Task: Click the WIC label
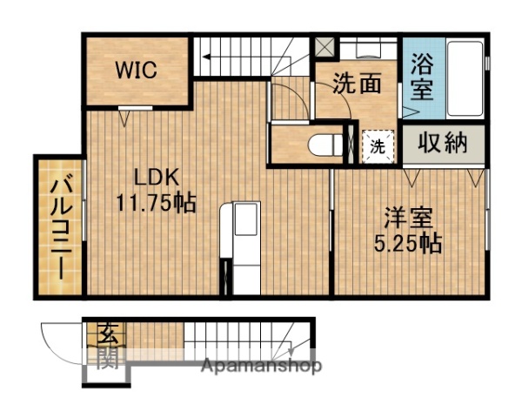138,70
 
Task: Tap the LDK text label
156,178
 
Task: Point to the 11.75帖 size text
157,204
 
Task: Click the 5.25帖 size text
407,243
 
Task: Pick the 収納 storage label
442,143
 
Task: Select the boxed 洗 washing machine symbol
378,145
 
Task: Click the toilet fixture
323,145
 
